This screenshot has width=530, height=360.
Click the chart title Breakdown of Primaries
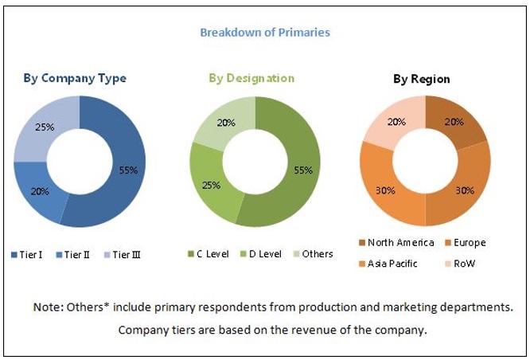click(265, 33)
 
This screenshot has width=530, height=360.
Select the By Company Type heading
click(75, 78)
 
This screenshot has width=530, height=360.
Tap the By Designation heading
click(251, 78)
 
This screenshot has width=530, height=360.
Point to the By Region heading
click(422, 79)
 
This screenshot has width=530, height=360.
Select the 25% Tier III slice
click(45, 128)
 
